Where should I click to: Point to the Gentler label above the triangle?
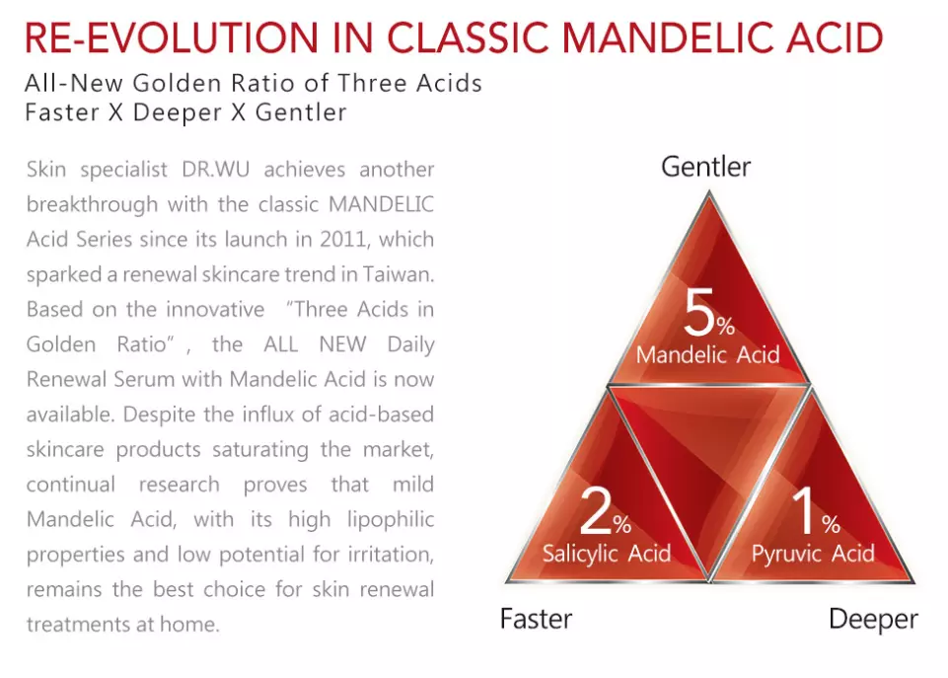[705, 167]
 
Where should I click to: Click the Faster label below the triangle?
[536, 619]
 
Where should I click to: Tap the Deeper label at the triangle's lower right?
[872, 620]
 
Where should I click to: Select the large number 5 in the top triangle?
[699, 312]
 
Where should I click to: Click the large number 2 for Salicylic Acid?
[595, 510]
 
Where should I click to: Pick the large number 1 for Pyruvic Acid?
[805, 510]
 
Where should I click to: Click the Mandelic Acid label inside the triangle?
[707, 354]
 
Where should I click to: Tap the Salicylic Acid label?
[607, 554]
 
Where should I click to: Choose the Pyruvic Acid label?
[813, 554]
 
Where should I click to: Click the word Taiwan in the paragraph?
[398, 274]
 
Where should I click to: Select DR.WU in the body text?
[215, 170]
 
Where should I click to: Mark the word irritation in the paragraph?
[391, 555]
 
